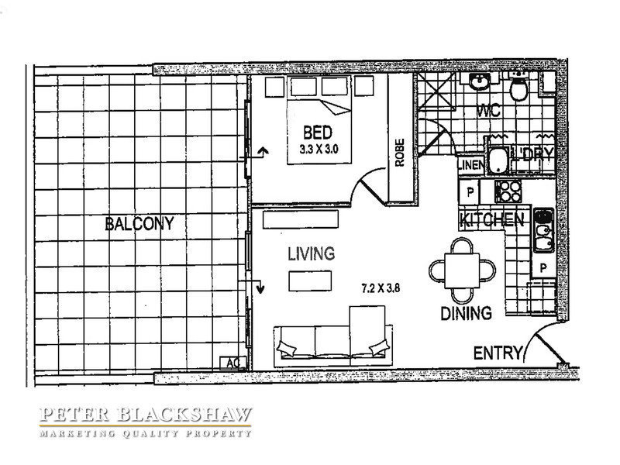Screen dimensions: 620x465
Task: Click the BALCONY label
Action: [x=139, y=223]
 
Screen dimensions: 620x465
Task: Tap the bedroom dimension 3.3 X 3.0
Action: [x=319, y=150]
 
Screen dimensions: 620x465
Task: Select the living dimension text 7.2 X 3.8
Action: [x=381, y=288]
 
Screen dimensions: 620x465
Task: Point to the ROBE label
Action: [x=400, y=152]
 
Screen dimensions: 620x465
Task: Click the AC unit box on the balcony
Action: [x=233, y=363]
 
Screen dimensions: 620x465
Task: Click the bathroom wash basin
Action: [x=480, y=81]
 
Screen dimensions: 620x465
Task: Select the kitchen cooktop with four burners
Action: [x=508, y=191]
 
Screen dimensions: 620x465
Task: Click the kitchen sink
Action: [x=544, y=230]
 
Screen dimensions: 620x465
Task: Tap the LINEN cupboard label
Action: [x=470, y=164]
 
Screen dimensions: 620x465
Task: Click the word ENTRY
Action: [x=498, y=353]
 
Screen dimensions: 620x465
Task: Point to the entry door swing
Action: [x=545, y=341]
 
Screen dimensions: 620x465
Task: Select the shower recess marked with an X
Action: [x=436, y=91]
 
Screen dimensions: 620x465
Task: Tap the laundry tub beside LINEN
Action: [x=498, y=161]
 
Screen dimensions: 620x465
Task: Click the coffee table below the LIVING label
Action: [x=310, y=281]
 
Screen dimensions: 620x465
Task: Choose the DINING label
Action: [x=467, y=313]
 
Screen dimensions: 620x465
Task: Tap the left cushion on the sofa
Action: [x=287, y=348]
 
